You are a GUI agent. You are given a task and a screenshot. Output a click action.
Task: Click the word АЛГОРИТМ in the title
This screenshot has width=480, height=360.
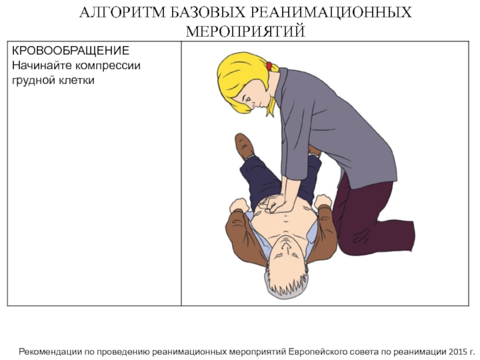(x=122, y=13)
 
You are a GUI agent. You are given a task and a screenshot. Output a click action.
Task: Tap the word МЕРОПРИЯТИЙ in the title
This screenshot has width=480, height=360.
(x=245, y=31)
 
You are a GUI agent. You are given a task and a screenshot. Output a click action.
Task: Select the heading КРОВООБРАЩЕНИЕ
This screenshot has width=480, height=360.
(x=71, y=50)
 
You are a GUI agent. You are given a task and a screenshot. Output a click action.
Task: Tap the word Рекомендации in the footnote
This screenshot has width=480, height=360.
(x=50, y=352)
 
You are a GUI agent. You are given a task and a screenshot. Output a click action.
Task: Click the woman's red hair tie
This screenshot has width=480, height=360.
(x=269, y=66)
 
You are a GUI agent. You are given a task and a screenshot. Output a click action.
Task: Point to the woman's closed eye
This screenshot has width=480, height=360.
(x=248, y=98)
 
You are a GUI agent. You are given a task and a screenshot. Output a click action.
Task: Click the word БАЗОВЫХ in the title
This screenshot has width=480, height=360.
(x=208, y=13)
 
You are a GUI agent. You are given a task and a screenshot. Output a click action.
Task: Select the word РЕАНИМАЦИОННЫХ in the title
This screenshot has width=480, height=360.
(x=332, y=13)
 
